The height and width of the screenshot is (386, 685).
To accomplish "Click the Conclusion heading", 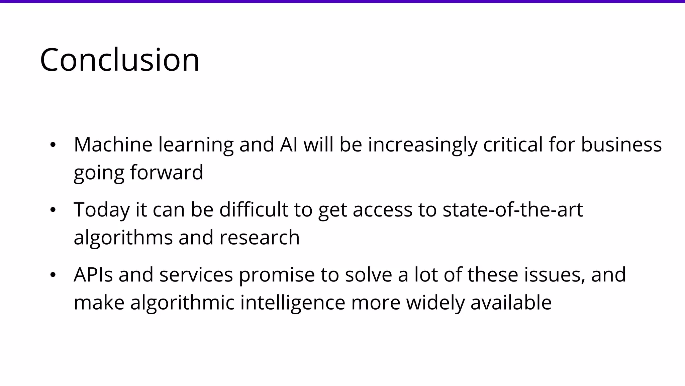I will pos(119,60).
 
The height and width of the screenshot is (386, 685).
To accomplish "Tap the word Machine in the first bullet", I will pos(113,145).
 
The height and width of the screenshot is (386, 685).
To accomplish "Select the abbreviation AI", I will pos(289,145).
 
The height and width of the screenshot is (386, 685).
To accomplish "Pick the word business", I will pos(621,145).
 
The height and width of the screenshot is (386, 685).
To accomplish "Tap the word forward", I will pos(167,172).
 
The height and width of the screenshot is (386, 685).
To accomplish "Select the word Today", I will pos(102,210).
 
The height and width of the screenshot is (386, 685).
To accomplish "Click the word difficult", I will pos(254,210).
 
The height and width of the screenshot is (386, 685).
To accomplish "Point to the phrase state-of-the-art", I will pos(513,210).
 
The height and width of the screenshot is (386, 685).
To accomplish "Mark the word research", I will pos(260,238).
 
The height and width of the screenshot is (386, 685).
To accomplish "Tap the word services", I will pos(196,275).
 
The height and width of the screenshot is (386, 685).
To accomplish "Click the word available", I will pos(511,303).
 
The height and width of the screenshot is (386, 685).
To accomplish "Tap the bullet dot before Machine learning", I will pos(53,145).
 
